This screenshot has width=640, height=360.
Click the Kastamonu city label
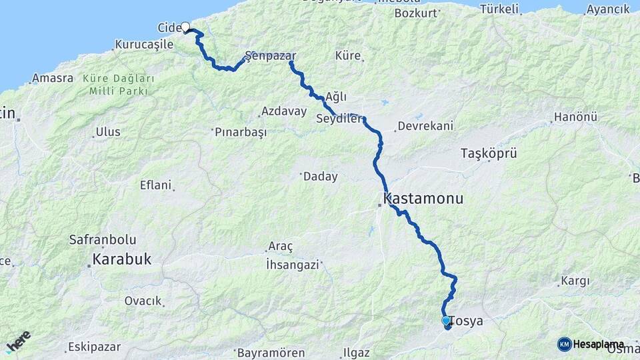coord(423,199)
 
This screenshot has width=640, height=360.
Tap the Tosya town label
coord(467,321)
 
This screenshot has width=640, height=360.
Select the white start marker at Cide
coord(185,27)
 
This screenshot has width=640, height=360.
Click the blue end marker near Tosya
coord(446,321)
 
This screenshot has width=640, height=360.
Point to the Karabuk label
coord(122,259)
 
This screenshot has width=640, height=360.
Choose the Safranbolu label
coord(103,239)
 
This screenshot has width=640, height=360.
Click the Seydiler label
coord(339,119)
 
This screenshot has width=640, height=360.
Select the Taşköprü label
coord(489,153)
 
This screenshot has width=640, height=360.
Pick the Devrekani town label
coord(425,125)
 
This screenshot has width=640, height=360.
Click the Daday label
coord(320,177)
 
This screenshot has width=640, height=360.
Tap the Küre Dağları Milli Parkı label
coord(119,85)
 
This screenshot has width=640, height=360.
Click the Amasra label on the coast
coord(53,78)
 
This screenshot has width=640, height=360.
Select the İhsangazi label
coord(292,264)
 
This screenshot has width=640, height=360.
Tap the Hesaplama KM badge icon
coord(564,344)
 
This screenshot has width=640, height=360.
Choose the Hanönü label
coord(571,118)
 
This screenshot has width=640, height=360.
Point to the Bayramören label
coord(271,353)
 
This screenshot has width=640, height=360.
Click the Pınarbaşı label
coord(241,132)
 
